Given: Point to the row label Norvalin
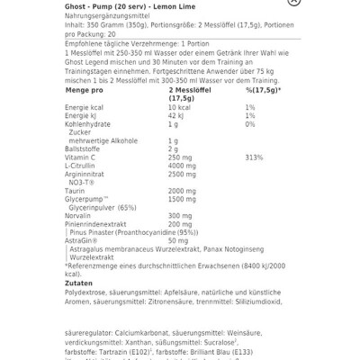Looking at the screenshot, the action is (x=80, y=215).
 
